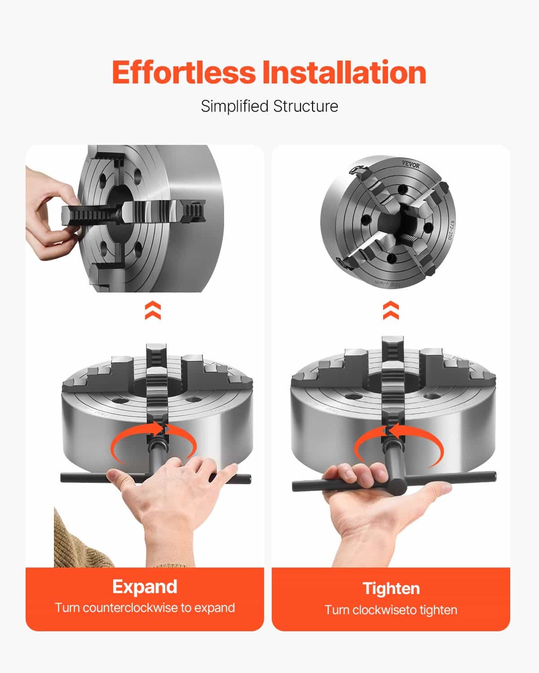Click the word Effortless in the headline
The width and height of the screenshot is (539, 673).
tap(184, 73)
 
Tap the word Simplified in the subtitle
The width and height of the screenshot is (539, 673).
tap(234, 106)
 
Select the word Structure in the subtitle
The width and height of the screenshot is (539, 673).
tap(306, 106)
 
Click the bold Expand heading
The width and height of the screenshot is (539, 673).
tap(145, 587)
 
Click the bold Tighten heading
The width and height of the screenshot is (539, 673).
tap(391, 588)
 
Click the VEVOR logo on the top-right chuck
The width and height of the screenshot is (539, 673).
tap(411, 165)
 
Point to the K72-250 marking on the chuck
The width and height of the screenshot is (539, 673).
tap(451, 229)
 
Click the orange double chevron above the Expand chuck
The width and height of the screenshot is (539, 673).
tap(153, 310)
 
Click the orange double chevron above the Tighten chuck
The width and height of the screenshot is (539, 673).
tap(391, 310)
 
